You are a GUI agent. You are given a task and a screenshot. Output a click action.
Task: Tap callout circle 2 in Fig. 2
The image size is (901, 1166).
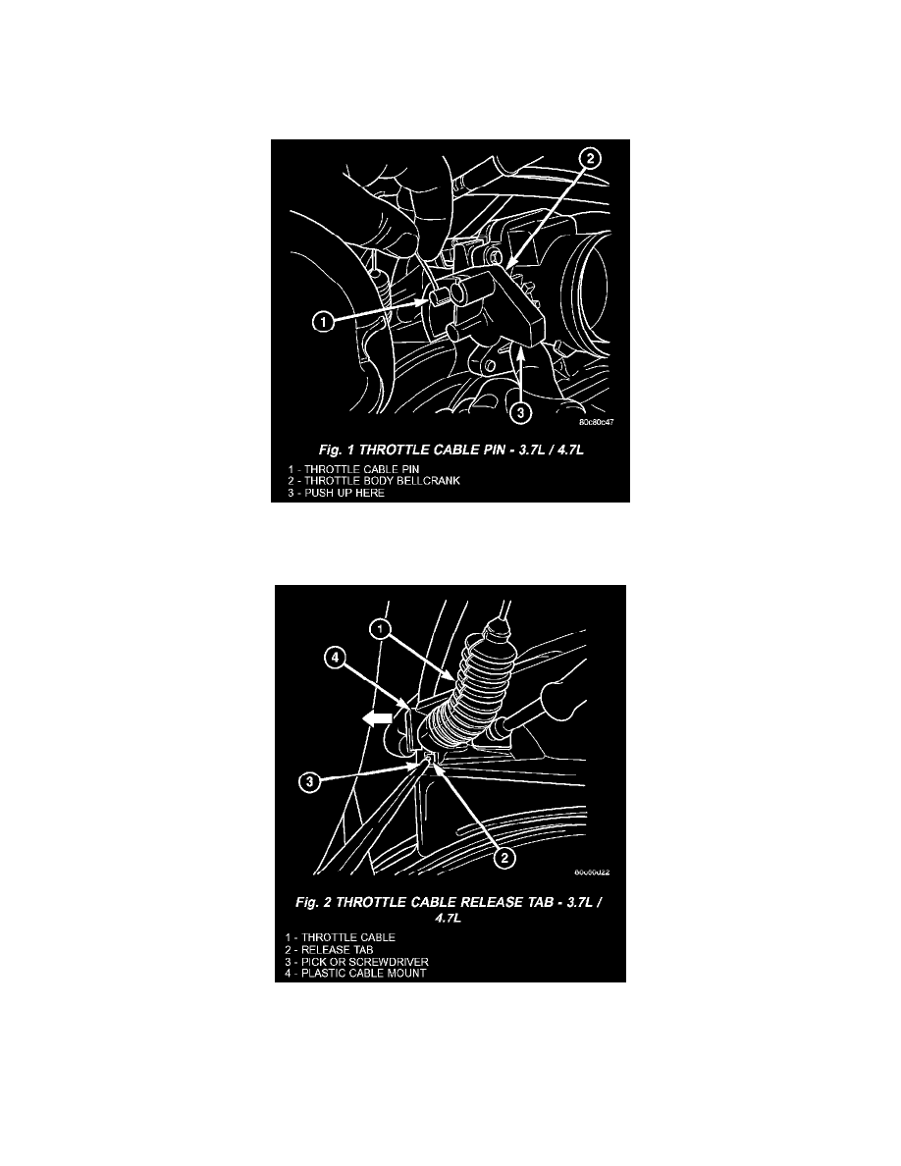coord(503,857)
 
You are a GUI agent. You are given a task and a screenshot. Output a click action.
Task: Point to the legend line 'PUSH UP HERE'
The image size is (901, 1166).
coord(330,493)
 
